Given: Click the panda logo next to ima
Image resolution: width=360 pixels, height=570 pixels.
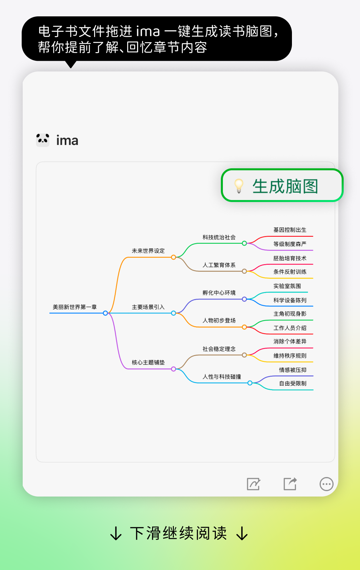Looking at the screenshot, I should point(43,140).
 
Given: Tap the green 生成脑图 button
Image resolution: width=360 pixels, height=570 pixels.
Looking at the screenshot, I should point(282,185).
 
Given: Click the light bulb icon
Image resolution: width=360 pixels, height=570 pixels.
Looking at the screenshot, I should point(239,185).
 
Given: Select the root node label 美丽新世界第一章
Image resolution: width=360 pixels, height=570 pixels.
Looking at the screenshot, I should point(75,307).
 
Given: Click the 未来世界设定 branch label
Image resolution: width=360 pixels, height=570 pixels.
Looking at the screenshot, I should point(148,251).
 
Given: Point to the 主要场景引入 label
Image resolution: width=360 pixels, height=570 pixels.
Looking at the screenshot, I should point(148,307).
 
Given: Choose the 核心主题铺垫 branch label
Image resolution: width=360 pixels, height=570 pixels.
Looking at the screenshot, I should point(148,362).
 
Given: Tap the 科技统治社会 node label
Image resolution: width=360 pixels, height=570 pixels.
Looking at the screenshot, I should point(219,237).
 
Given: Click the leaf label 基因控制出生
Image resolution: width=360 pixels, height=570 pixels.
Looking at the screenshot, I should point(290,230).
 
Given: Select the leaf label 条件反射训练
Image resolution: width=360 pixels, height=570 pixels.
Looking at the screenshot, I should point(290,272).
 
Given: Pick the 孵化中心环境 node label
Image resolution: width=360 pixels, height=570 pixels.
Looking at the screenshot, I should point(219,293).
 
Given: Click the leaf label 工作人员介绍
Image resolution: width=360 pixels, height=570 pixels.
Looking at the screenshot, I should point(290,328).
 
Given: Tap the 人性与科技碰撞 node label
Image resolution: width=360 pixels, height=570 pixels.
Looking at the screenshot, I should point(222,377).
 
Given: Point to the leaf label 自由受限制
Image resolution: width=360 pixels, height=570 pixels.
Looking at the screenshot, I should point(293,383).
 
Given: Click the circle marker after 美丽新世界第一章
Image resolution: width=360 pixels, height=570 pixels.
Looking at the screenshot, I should point(105,313).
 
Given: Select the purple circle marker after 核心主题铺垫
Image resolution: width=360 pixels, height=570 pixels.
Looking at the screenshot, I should point(173,369).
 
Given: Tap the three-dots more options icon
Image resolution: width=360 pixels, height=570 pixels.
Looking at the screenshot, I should point(326,484).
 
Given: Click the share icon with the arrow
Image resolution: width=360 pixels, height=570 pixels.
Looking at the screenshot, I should point(290,484).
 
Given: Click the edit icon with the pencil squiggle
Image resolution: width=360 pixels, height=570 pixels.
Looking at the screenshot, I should point(254,484).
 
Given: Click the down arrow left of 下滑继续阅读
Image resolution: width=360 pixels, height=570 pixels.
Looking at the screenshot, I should point(116,533).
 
